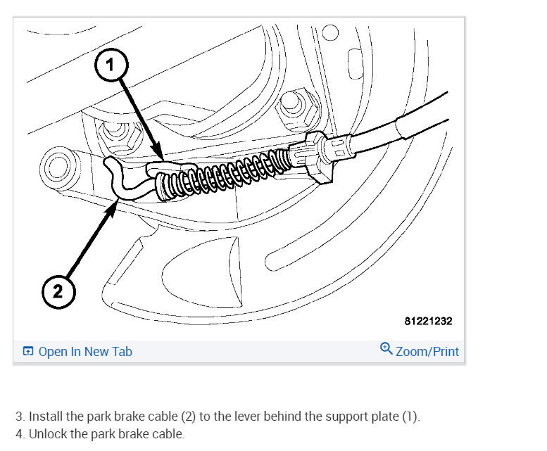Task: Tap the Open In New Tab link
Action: (x=84, y=351)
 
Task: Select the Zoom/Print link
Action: (x=427, y=351)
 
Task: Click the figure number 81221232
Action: (x=428, y=321)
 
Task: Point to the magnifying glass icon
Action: (x=386, y=349)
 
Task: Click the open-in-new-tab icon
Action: (x=28, y=352)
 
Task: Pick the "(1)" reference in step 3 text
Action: (x=410, y=416)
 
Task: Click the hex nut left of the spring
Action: (x=111, y=132)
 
